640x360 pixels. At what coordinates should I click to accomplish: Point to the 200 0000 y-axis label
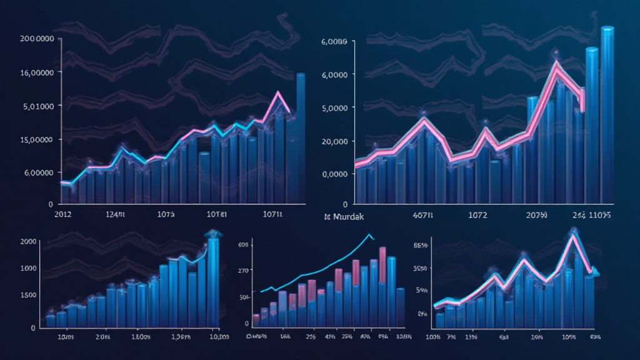click(x=37, y=39)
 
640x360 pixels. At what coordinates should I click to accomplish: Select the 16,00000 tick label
click(x=37, y=72)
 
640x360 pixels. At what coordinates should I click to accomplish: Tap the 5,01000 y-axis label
click(x=37, y=106)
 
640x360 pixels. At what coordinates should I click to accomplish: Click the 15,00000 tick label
click(x=37, y=139)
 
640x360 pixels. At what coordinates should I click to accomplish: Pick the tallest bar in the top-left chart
click(x=301, y=137)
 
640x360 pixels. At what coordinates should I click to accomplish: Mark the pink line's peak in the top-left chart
click(x=277, y=93)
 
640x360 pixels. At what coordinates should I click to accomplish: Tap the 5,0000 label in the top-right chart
click(x=334, y=107)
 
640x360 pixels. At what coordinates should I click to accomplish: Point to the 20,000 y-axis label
click(x=334, y=141)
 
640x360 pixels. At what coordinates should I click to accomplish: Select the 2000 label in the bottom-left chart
click(x=28, y=241)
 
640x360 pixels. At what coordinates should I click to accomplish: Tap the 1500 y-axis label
click(x=28, y=295)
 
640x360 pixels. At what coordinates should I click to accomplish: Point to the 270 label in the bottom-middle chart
click(x=244, y=271)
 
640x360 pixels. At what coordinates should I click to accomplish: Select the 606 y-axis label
click(x=243, y=244)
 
